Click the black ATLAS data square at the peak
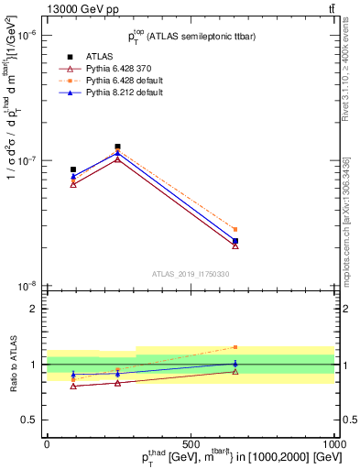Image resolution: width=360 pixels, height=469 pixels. tap(117, 147)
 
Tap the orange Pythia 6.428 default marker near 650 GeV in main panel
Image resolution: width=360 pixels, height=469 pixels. tap(235, 229)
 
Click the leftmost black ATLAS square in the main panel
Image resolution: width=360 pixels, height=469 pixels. tap(73, 169)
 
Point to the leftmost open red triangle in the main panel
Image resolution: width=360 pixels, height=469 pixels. tap(73, 184)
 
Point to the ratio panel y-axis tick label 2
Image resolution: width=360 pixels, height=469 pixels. tap(35, 309)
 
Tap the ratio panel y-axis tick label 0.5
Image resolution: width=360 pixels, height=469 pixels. tap(31, 420)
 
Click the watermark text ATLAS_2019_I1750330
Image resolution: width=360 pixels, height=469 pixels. tap(191, 274)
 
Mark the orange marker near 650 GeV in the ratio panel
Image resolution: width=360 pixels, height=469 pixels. tap(235, 347)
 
